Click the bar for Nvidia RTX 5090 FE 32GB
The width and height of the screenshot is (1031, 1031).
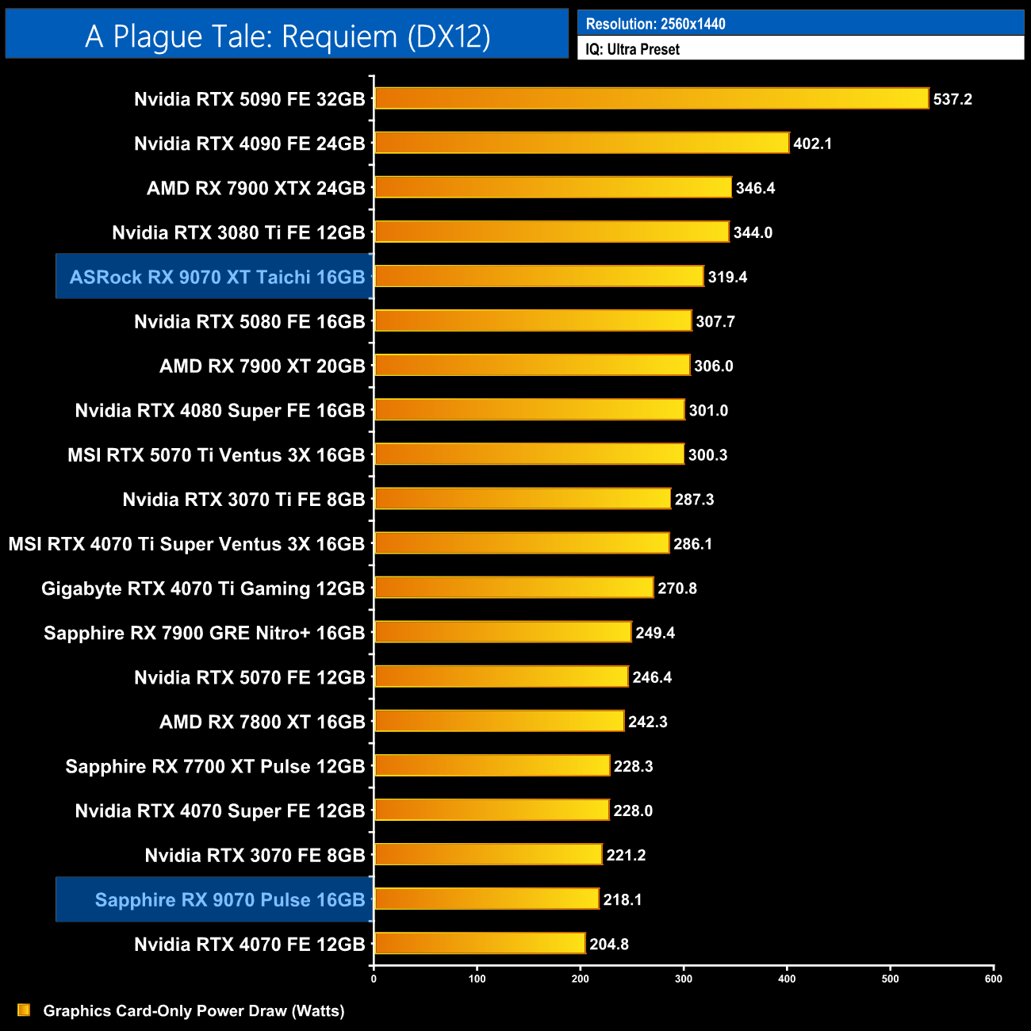650,98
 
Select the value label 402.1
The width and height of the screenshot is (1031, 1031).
812,144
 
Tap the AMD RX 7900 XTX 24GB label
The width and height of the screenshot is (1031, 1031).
255,188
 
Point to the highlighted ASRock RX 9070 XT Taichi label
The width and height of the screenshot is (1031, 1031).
217,277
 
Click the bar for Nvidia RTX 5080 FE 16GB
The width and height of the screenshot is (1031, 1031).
532,320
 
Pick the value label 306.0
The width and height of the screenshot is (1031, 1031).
713,366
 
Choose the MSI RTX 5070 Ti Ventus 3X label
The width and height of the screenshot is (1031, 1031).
216,455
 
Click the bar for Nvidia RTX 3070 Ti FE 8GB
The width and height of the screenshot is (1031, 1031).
522,498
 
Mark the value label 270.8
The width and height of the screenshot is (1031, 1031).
676,588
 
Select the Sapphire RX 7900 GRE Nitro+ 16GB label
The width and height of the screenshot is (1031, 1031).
204,633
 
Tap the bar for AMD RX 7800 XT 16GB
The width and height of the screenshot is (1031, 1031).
499,721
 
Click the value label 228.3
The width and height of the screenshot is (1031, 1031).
633,766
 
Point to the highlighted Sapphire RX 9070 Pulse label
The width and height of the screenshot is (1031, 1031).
229,900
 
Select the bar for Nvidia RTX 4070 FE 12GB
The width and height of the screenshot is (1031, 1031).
479,943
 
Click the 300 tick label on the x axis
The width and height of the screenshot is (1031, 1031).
684,979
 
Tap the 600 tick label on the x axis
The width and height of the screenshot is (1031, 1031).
993,979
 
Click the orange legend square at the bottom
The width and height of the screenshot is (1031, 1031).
24,1010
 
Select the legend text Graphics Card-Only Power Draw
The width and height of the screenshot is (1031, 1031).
194,1010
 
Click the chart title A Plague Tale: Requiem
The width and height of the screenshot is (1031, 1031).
287,36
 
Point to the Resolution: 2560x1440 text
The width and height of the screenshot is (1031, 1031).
655,24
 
